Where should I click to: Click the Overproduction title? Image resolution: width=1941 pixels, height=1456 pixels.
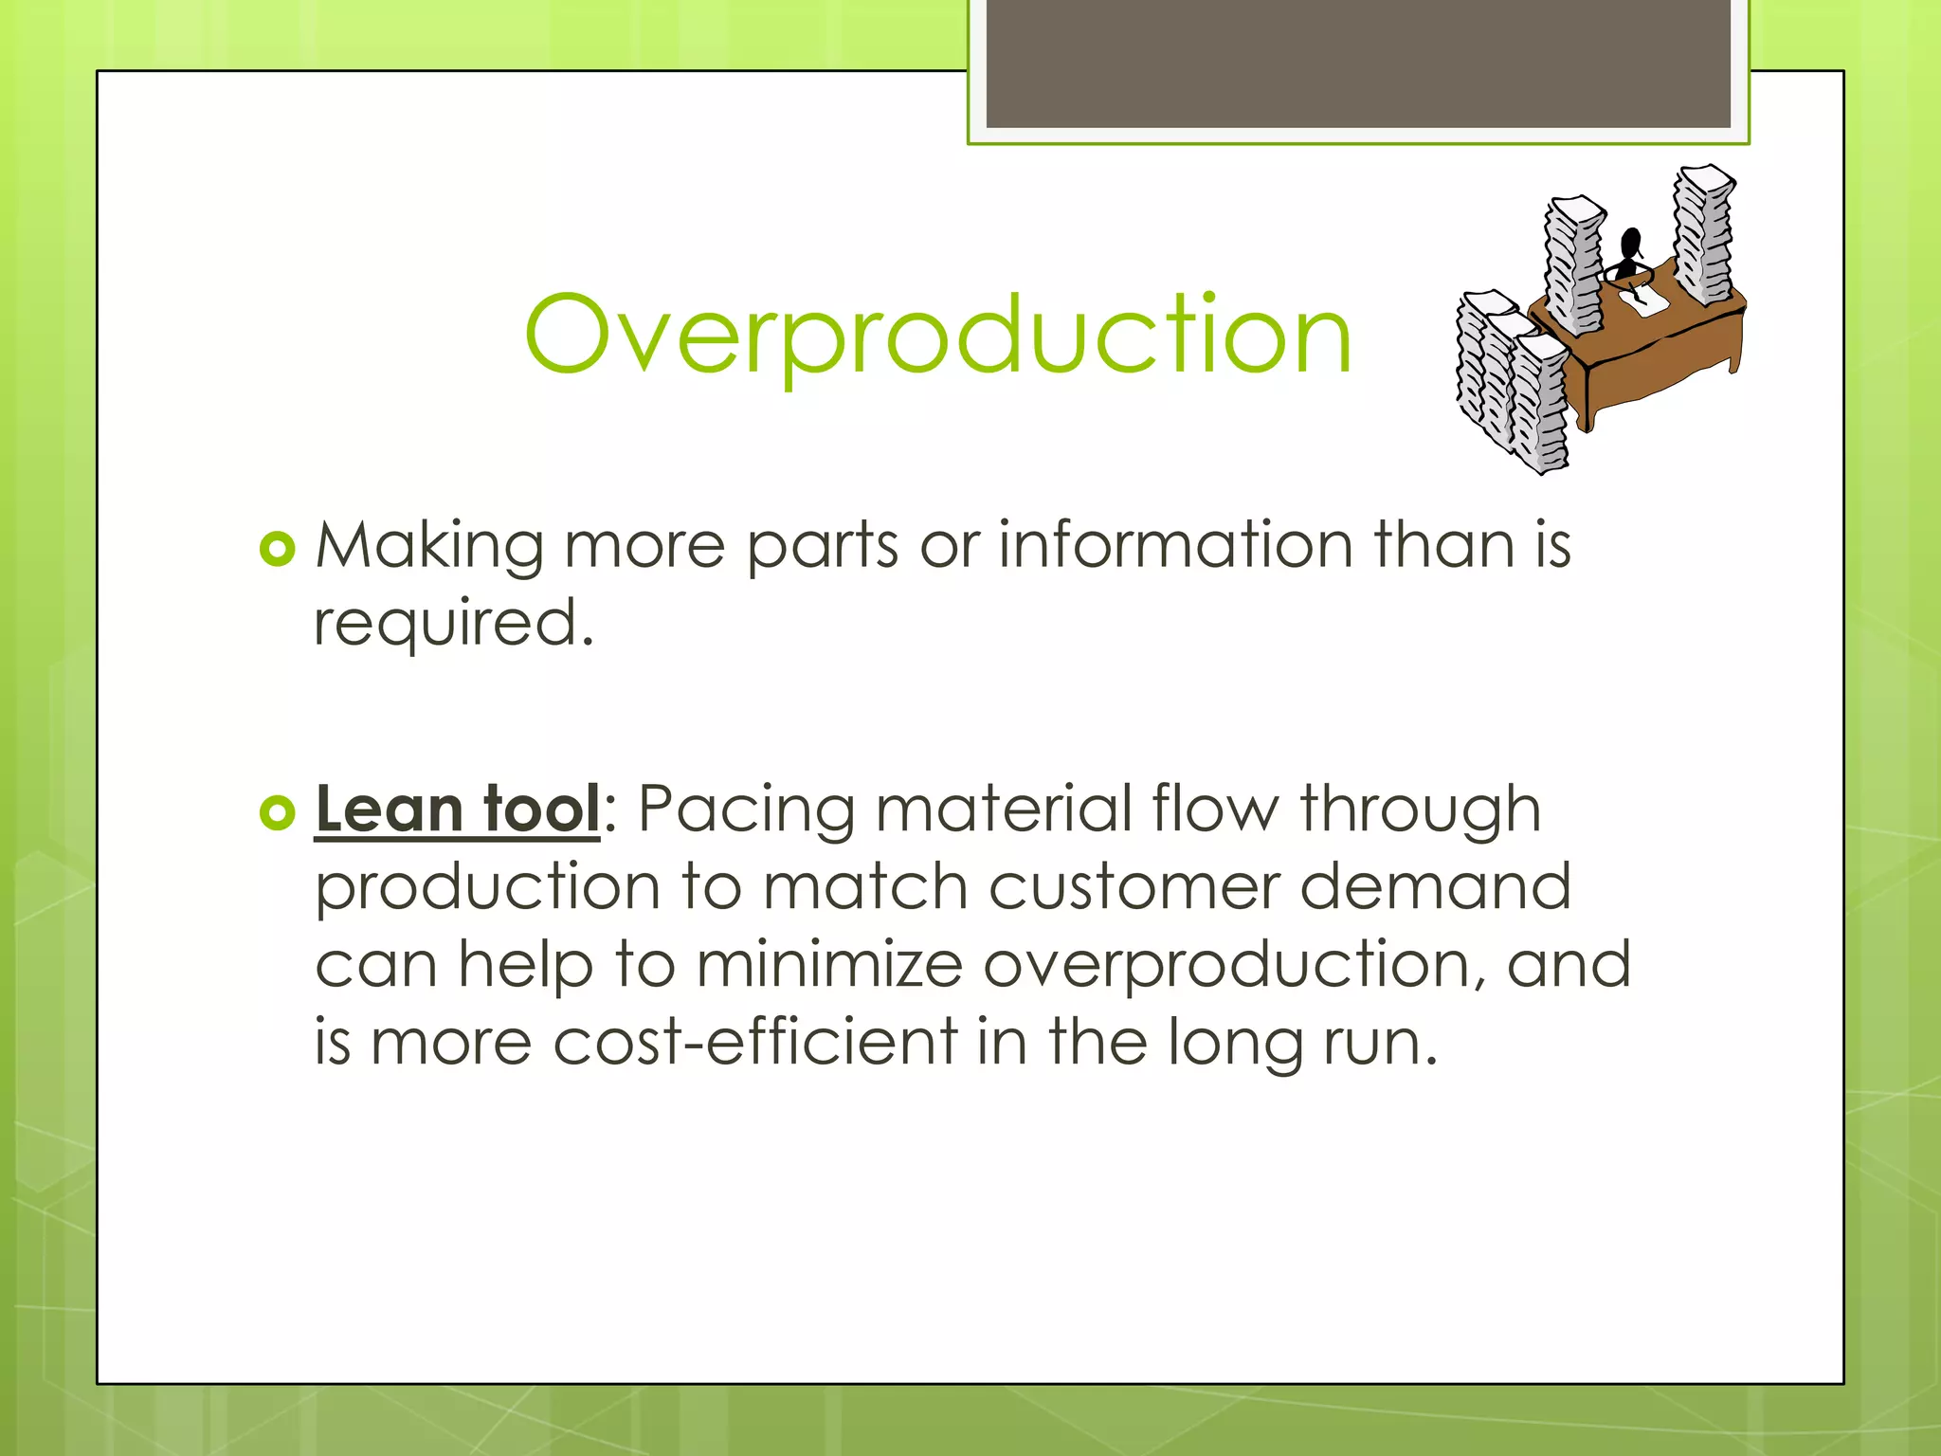tap(937, 334)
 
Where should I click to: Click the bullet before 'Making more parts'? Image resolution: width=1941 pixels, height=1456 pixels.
tap(278, 549)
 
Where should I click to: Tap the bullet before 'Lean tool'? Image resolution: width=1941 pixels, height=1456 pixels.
tap(278, 812)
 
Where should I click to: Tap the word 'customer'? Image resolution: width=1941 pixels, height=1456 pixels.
tap(1133, 888)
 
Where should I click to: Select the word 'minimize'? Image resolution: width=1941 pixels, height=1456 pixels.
tap(829, 965)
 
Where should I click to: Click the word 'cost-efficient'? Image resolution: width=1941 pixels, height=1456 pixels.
tap(755, 1042)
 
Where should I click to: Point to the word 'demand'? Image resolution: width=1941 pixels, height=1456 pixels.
tap(1435, 888)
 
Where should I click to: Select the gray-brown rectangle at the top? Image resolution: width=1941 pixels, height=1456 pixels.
tap(1357, 63)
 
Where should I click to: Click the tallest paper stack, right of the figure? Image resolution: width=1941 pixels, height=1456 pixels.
tap(1702, 235)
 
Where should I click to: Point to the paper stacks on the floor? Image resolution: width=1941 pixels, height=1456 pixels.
tap(1511, 384)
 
